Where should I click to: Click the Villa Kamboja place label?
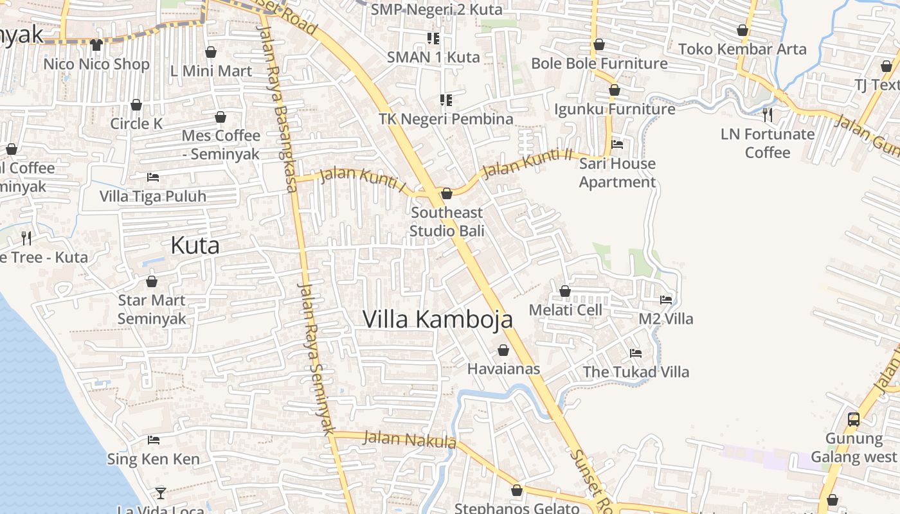pyautogui.click(x=438, y=319)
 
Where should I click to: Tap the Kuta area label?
pyautogui.click(x=195, y=245)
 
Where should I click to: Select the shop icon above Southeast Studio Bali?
pyautogui.click(x=447, y=193)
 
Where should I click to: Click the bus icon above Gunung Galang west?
pyautogui.click(x=854, y=420)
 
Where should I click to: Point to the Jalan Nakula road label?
pyautogui.click(x=410, y=440)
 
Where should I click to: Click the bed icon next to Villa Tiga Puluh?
pyautogui.click(x=153, y=177)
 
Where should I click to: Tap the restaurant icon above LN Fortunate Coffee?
pyautogui.click(x=768, y=115)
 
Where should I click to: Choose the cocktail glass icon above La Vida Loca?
pyautogui.click(x=161, y=493)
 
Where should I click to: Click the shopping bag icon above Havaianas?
pyautogui.click(x=503, y=350)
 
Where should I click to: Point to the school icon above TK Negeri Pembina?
pyautogui.click(x=446, y=100)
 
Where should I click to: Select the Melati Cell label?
pyautogui.click(x=565, y=310)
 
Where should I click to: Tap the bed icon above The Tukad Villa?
pyautogui.click(x=636, y=353)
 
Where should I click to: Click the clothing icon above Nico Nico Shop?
pyautogui.click(x=96, y=45)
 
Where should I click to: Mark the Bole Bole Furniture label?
pyautogui.click(x=599, y=64)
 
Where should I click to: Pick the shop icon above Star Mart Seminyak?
pyautogui.click(x=152, y=281)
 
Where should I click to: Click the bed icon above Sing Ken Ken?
pyautogui.click(x=154, y=440)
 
